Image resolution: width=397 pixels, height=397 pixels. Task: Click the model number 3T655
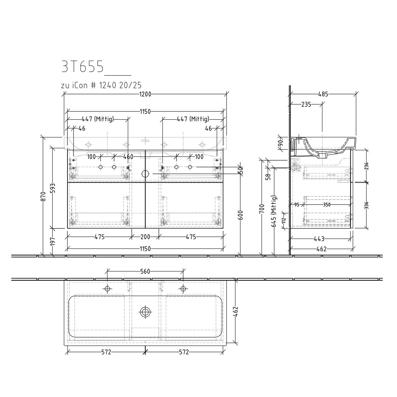pyautogui.click(x=82, y=67)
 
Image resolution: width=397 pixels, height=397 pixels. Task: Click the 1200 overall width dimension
pyautogui.click(x=145, y=94)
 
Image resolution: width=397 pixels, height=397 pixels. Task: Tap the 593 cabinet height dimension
pyautogui.click(x=53, y=188)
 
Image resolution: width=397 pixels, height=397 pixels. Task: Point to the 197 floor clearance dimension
pyautogui.click(x=53, y=242)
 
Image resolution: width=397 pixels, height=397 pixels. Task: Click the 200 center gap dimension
pyautogui.click(x=145, y=237)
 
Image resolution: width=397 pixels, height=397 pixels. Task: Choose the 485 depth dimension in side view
pyautogui.click(x=323, y=94)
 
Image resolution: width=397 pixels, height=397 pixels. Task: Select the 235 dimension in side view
pyautogui.click(x=306, y=104)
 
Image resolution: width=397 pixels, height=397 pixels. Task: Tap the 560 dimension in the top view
pyautogui.click(x=145, y=271)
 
